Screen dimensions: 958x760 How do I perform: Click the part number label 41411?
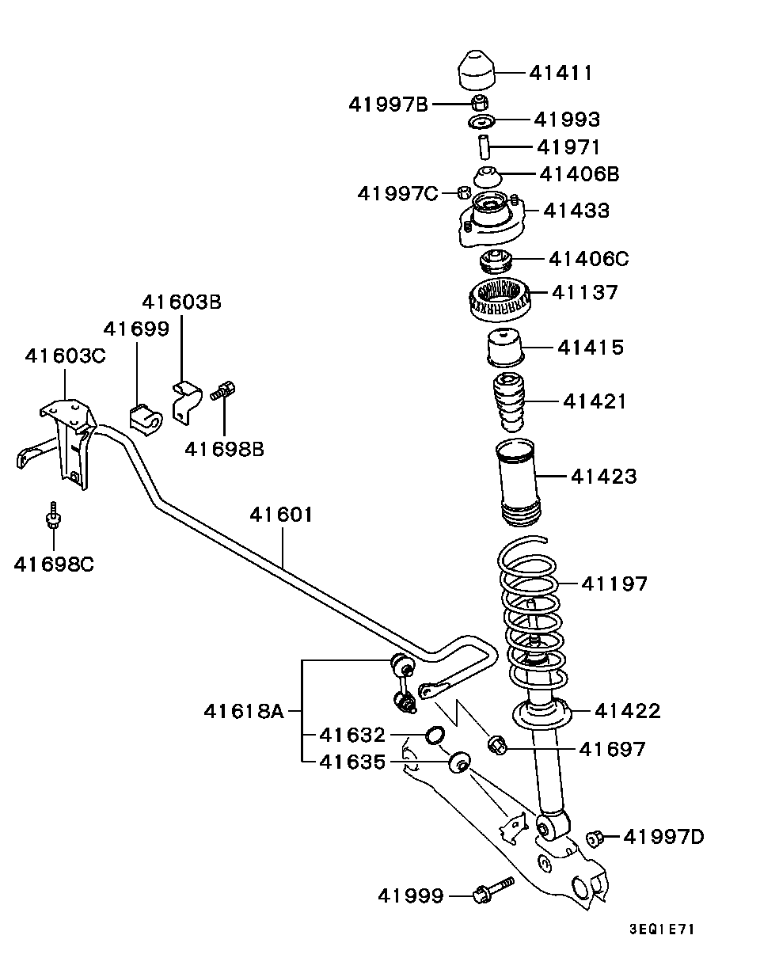(560, 73)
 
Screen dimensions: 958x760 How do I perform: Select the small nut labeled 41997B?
(480, 102)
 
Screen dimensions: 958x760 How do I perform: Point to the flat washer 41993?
(481, 121)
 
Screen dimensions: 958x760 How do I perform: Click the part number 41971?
(568, 147)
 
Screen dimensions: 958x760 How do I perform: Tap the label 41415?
(590, 347)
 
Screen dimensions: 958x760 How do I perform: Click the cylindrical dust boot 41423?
(519, 483)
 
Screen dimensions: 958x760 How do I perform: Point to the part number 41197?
(614, 584)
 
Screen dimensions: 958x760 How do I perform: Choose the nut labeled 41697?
(497, 743)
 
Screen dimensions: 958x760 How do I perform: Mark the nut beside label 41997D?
(595, 837)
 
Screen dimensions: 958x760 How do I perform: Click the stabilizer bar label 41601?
(281, 515)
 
